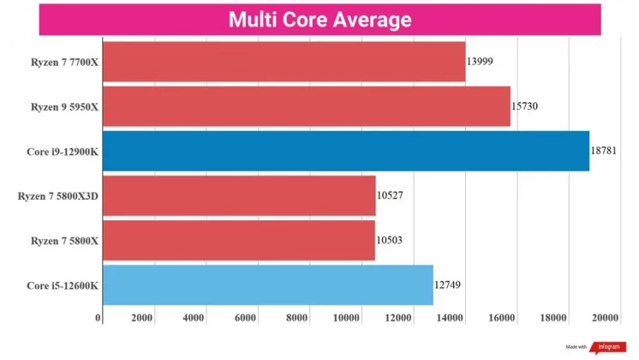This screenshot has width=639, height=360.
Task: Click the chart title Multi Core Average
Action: [319, 20]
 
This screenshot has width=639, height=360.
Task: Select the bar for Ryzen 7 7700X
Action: [284, 62]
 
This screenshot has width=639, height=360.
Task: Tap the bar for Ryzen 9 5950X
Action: [306, 106]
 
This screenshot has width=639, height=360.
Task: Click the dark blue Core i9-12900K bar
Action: [345, 151]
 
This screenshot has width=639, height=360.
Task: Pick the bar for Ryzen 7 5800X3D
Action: [239, 195]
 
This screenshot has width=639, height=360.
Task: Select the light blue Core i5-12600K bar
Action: [267, 285]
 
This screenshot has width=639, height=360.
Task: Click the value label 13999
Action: [480, 62]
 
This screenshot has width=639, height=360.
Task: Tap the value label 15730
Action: [525, 106]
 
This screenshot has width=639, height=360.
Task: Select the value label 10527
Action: [390, 195]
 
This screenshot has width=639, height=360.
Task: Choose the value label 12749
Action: [448, 285]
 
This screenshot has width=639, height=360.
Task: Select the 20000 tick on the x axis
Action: [604, 318]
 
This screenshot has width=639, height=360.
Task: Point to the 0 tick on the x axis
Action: [99, 318]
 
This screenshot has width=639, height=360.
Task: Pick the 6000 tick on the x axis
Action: [246, 318]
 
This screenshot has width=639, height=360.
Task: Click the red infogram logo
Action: [605, 348]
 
